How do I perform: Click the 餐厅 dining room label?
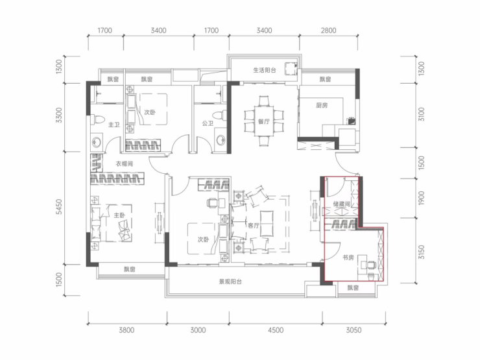pos(263,121)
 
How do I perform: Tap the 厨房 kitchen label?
pos(322,105)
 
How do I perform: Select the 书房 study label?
pos(348,258)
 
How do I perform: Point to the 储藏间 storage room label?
pos(341,204)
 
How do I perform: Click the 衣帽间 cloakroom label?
pos(125,163)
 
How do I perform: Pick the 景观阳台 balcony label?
pos(230,282)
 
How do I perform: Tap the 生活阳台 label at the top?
pos(265,70)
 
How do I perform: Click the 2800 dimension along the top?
pos(328,30)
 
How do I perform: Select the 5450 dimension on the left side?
pos(59,207)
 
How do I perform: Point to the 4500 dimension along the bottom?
pos(276,330)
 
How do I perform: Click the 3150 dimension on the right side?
pos(422,252)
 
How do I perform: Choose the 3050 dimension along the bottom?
pos(354,330)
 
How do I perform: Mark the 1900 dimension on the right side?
pos(422,198)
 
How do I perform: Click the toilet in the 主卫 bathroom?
pos(98,119)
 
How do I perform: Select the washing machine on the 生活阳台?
pos(291,69)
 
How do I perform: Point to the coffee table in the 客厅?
pos(267,223)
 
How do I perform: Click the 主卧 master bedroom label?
pos(119,215)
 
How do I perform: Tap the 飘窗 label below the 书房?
pos(353,288)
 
